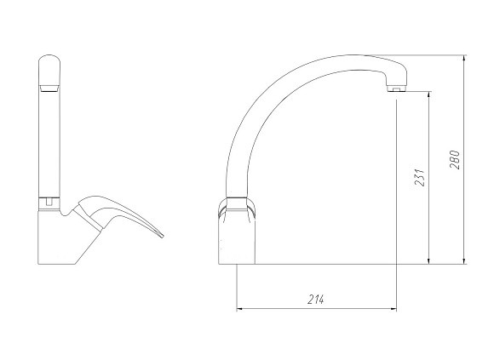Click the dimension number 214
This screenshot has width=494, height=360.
[316, 300]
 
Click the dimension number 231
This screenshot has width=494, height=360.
[419, 178]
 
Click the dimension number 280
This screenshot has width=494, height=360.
[454, 160]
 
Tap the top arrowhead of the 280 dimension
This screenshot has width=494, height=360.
[463, 60]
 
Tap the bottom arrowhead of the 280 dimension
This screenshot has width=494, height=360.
[463, 260]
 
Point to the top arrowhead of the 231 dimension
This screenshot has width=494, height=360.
[428, 96]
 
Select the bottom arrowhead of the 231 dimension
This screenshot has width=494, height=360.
[428, 260]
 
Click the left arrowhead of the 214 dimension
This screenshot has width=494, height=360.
[241, 309]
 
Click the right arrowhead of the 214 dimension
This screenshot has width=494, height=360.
[392, 309]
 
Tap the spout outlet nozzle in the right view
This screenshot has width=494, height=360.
[397, 89]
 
